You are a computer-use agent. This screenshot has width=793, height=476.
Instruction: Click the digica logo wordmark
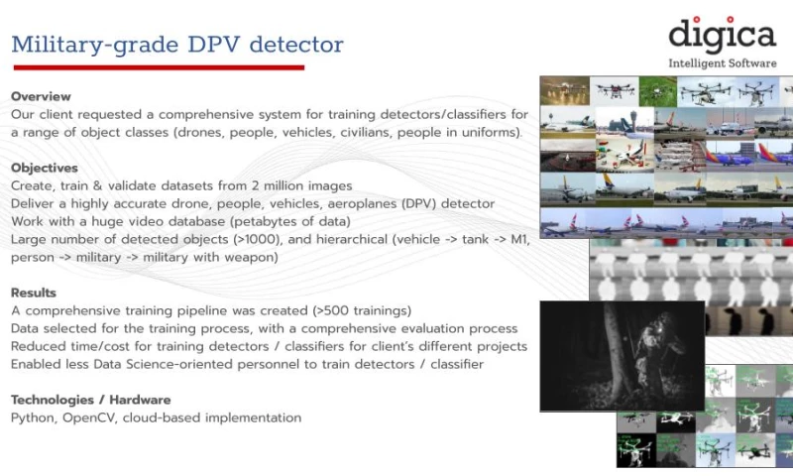click(x=721, y=36)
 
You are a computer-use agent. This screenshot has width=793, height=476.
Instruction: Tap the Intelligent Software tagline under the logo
click(x=722, y=63)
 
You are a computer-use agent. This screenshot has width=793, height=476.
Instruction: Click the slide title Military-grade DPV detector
click(x=177, y=45)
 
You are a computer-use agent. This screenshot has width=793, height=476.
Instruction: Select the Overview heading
click(x=41, y=96)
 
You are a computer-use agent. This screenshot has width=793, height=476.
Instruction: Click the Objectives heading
click(x=45, y=168)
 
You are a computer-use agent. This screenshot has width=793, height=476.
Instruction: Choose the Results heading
click(x=34, y=293)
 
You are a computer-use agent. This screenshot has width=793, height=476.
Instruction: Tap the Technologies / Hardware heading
click(x=90, y=400)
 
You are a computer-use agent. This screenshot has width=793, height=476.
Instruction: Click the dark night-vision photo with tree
click(x=622, y=355)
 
